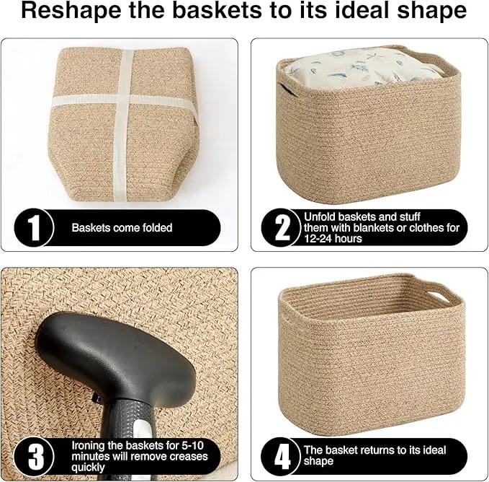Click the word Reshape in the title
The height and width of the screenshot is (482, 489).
pos(71,12)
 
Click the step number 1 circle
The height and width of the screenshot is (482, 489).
pos(34,228)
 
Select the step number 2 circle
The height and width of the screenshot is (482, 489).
pos(281,228)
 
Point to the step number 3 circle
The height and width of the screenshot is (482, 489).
pos(34,457)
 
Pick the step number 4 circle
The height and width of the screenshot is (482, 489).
pos(281,457)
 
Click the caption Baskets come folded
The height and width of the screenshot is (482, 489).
pos(122,228)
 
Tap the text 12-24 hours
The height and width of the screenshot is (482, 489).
pos(333,239)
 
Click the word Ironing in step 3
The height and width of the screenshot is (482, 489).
pos(89,446)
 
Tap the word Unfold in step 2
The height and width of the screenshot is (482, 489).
pos(320,216)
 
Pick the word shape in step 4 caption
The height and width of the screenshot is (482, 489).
pos(318,462)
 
